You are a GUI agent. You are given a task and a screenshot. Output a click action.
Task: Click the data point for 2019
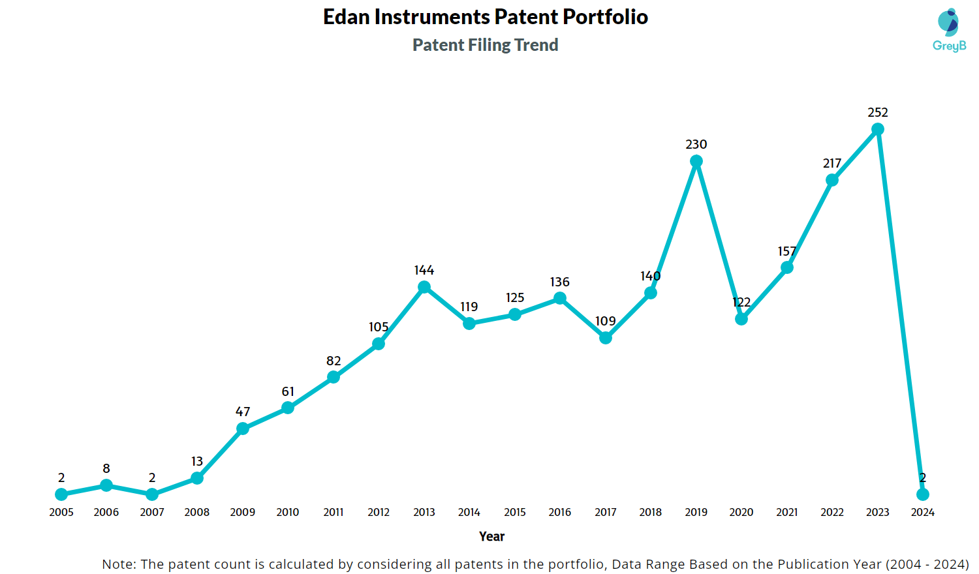point(696,162)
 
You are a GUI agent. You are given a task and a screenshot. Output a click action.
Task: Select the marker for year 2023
point(878,129)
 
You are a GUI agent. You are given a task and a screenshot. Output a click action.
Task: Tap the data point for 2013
point(424,287)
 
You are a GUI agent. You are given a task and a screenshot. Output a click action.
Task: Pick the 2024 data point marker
point(923,494)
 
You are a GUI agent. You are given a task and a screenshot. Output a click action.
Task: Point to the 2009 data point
point(243,429)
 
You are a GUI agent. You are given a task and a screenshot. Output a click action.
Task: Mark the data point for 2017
point(605,338)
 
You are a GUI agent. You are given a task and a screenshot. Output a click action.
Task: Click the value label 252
point(878,113)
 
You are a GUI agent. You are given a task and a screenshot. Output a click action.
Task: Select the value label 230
point(696,144)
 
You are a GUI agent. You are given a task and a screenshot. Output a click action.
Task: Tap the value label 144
point(424,271)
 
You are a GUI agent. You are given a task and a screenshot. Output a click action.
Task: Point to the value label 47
point(243,412)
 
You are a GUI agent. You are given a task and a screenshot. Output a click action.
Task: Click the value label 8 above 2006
point(106,469)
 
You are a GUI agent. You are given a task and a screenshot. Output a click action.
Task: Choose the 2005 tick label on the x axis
point(61,512)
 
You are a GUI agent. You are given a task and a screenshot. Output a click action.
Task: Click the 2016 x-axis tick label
point(560,512)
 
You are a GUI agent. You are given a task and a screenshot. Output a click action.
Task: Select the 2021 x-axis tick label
point(786,512)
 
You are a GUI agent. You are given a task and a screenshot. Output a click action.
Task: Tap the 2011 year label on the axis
point(334,512)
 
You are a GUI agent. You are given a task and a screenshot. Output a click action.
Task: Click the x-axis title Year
point(491,536)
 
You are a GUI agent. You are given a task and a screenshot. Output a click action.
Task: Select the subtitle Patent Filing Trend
point(486,45)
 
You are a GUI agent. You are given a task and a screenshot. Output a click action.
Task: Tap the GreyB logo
point(949,30)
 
